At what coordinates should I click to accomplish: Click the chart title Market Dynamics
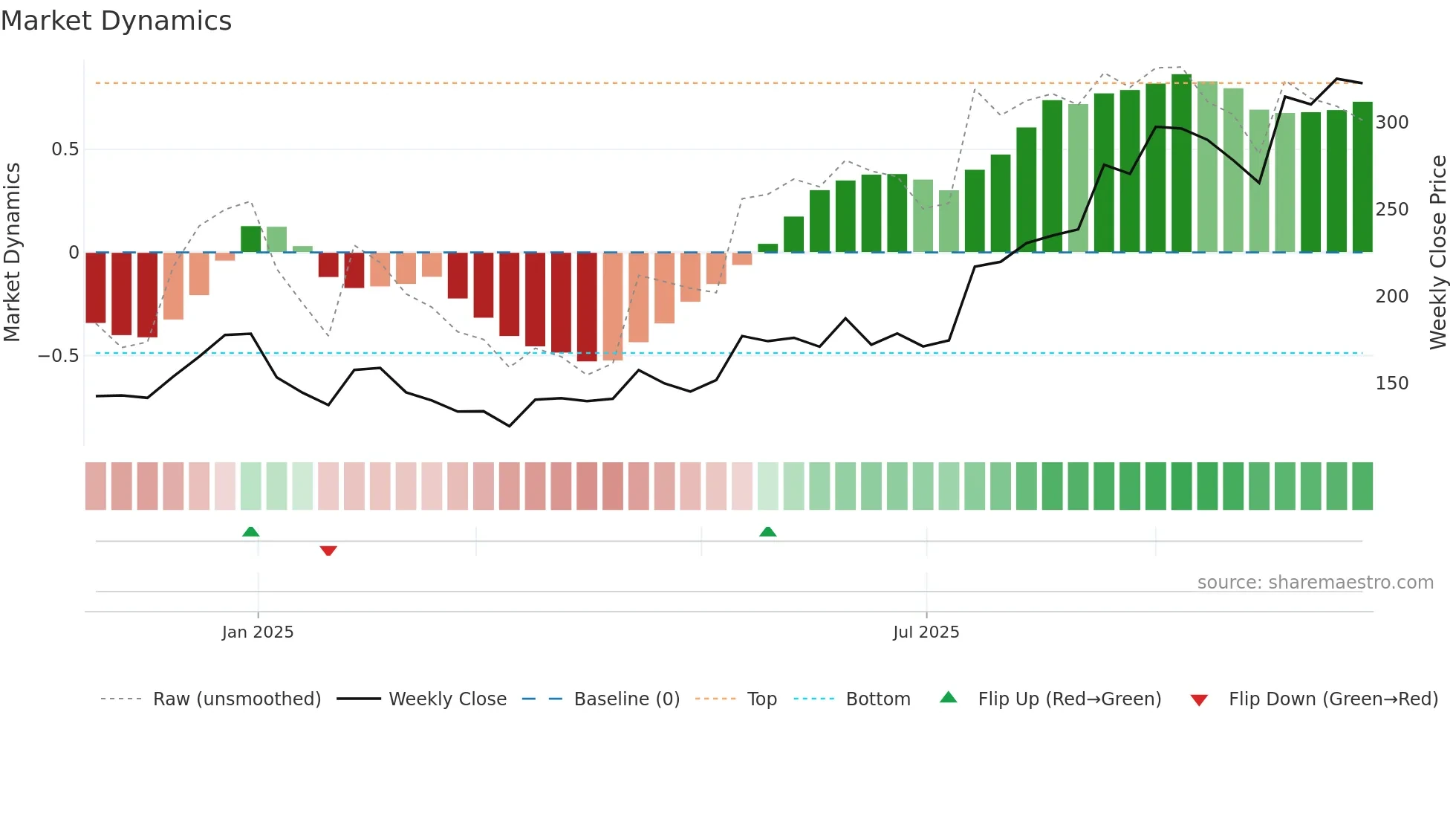click(116, 21)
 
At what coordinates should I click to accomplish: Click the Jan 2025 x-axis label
click(258, 632)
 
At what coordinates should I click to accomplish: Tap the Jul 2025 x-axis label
click(926, 632)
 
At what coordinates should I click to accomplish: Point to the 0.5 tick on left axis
click(65, 149)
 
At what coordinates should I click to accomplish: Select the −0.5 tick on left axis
click(59, 356)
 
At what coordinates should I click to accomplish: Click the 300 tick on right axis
click(1391, 123)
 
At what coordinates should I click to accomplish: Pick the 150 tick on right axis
click(1391, 383)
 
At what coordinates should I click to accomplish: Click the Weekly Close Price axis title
click(1438, 253)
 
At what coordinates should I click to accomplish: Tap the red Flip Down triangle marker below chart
click(328, 551)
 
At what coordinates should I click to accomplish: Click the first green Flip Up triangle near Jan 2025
click(251, 531)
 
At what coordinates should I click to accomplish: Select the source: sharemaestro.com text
click(1315, 583)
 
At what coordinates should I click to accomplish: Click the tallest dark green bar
click(1181, 164)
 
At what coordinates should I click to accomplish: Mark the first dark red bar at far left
click(96, 288)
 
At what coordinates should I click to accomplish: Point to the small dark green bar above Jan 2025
click(251, 239)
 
